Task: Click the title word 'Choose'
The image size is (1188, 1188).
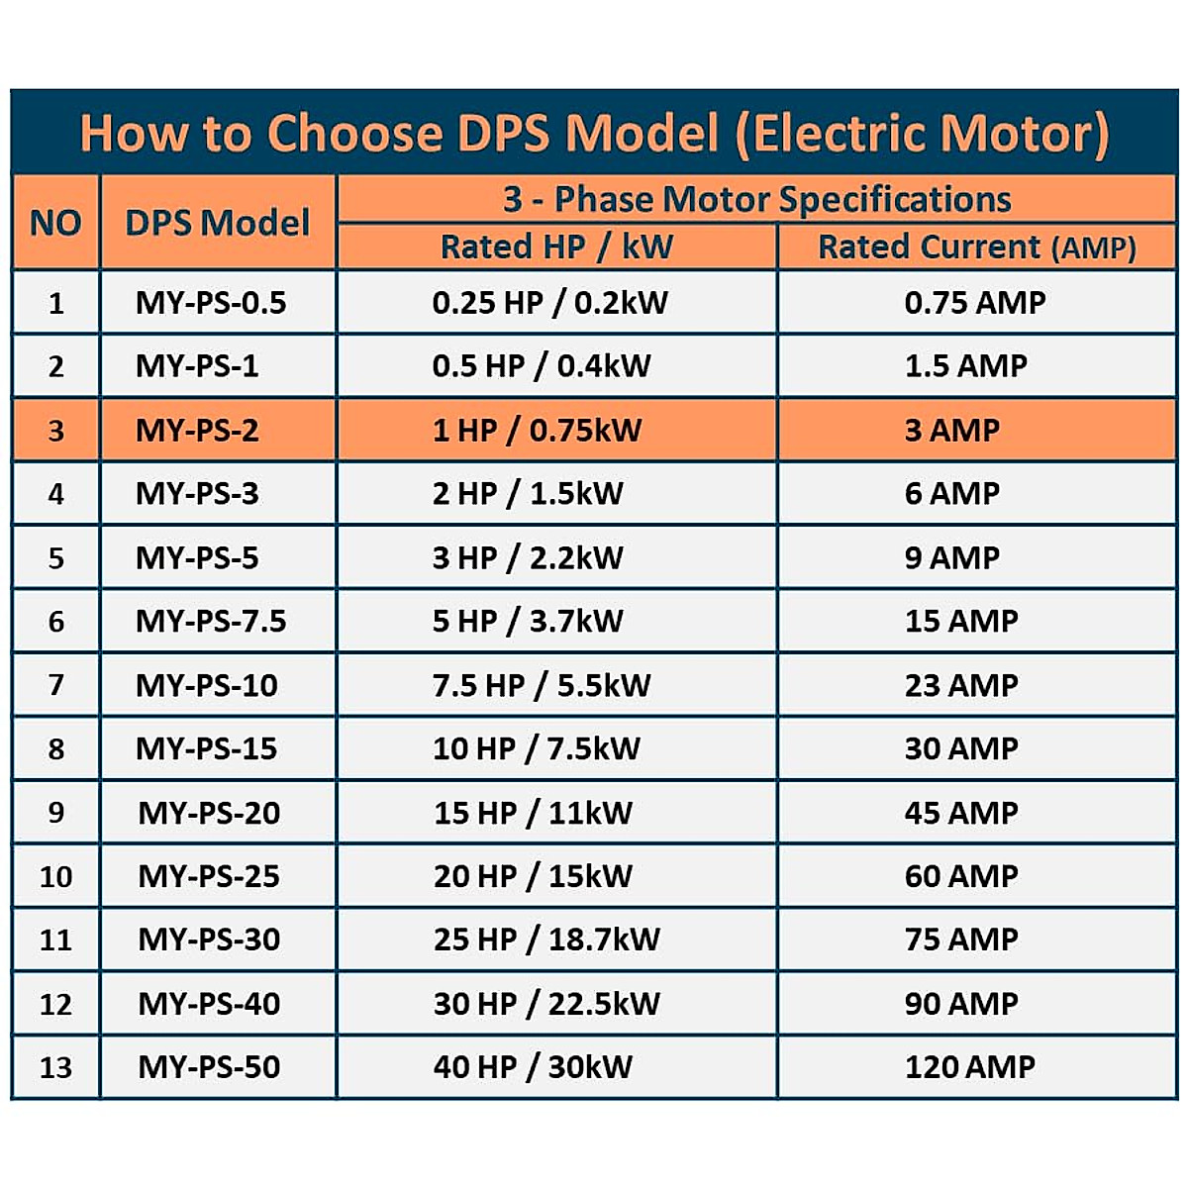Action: tap(354, 133)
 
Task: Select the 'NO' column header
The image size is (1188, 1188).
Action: tap(55, 223)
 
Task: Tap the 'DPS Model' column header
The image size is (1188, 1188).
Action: tap(218, 223)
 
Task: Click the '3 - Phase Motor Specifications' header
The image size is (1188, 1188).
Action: tap(757, 199)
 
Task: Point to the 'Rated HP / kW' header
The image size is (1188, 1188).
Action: tap(556, 247)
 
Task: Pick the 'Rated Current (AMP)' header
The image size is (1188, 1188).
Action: tap(977, 247)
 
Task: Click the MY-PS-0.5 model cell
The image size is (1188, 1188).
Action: tap(211, 302)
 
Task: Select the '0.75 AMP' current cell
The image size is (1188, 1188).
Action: tap(975, 302)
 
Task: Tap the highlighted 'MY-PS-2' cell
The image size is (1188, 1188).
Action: tap(197, 430)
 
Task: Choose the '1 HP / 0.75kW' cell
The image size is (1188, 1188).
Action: tap(538, 430)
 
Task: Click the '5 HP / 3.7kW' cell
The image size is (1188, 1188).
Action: tap(529, 621)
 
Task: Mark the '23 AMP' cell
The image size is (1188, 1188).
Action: tap(961, 685)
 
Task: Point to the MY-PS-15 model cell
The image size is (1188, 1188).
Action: tap(207, 748)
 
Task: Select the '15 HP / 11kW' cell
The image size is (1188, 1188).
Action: tap(533, 813)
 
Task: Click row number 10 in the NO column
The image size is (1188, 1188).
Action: tap(55, 876)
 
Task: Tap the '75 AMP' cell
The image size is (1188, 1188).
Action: tap(961, 939)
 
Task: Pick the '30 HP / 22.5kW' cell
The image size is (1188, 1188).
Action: tap(546, 1003)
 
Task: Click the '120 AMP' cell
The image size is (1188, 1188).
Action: tap(970, 1066)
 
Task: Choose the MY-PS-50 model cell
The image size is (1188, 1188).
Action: tap(209, 1066)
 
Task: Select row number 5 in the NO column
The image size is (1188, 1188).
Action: tap(55, 557)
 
